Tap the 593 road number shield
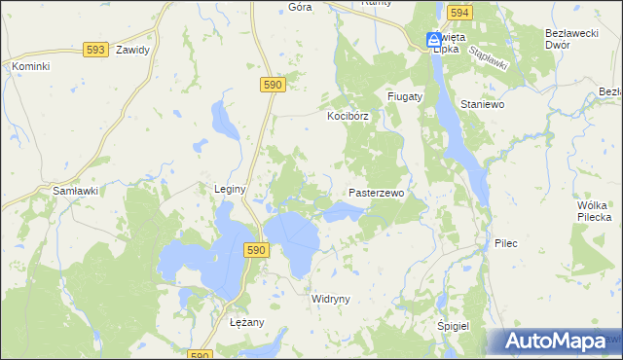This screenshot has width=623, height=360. click(x=95, y=49)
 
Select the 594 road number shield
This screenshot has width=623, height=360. click(x=460, y=13)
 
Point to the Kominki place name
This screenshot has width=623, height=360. click(x=30, y=66)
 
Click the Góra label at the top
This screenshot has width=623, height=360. click(x=301, y=7)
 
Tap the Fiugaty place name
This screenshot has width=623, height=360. click(x=404, y=97)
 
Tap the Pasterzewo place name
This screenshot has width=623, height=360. click(x=376, y=194)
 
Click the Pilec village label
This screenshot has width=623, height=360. click(x=505, y=242)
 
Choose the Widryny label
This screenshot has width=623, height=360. click(x=330, y=299)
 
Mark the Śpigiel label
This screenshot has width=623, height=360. click(x=454, y=327)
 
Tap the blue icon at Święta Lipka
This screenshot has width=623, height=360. click(x=432, y=40)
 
